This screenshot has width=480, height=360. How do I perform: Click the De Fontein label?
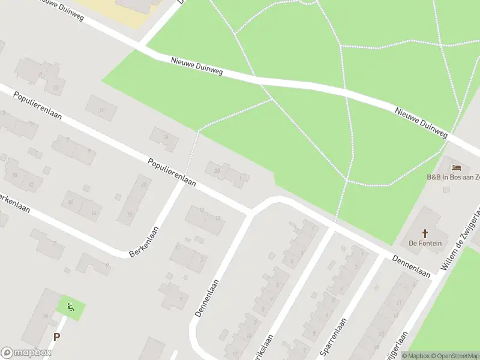[x=425, y=243]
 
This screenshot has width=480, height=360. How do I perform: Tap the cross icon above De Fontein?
[x=425, y=233]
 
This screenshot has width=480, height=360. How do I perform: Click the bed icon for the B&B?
[x=457, y=167]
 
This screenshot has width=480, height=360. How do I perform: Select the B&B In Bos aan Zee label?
[x=453, y=177]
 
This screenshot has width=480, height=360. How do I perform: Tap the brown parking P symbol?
[x=56, y=337]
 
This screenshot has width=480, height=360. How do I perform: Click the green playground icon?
[x=71, y=308]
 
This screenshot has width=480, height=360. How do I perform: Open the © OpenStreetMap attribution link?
[x=454, y=356]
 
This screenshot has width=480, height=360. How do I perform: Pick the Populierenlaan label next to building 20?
[x=172, y=172]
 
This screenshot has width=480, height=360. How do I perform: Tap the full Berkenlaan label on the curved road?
[x=145, y=241]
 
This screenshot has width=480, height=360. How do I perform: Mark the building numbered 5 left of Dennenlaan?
[x=174, y=294]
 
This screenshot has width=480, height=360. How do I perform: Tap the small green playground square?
[x=71, y=308]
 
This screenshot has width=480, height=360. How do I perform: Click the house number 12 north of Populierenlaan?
[x=101, y=109]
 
